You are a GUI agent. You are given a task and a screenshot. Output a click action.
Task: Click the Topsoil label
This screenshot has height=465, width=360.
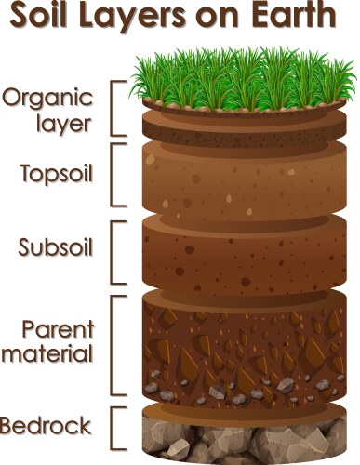53,173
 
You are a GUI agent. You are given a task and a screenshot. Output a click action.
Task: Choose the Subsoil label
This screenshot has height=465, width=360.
53,247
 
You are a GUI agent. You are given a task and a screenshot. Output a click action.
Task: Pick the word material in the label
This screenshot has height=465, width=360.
48,354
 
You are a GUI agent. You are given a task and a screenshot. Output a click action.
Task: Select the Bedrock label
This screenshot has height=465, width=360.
47,427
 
